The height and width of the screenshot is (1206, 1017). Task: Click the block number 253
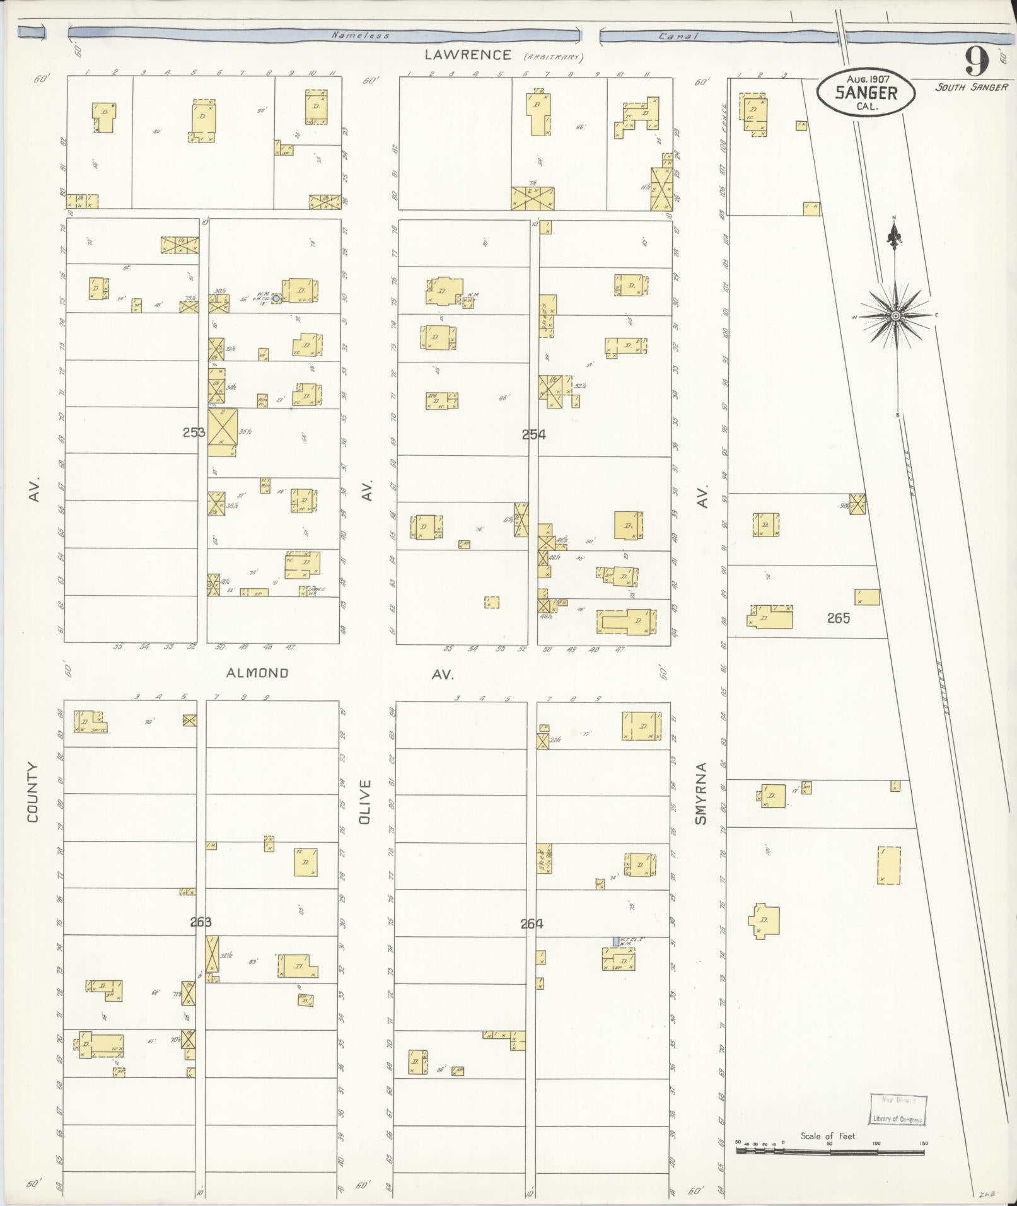tap(194, 432)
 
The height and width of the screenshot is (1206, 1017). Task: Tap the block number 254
tap(533, 434)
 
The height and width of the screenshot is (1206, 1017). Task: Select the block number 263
tap(200, 922)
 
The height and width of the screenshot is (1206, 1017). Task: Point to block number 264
tap(532, 924)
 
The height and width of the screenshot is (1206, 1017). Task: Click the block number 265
tap(839, 618)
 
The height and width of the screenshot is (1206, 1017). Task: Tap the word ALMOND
tap(257, 673)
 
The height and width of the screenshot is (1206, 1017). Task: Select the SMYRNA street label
tap(701, 794)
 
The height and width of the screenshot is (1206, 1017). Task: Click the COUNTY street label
tap(33, 792)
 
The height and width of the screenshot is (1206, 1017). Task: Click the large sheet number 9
tap(976, 62)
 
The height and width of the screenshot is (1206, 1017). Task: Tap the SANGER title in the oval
tap(866, 93)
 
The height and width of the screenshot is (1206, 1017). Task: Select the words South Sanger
tap(971, 88)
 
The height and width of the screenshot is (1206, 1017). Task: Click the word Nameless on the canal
tap(361, 35)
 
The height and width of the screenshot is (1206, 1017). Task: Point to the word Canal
tap(678, 36)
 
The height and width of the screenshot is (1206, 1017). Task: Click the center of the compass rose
tap(895, 315)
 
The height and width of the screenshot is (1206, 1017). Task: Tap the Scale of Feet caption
tap(828, 1136)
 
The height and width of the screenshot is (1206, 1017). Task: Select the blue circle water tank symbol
tap(276, 298)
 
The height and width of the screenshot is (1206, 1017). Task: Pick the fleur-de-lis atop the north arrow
tap(893, 238)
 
